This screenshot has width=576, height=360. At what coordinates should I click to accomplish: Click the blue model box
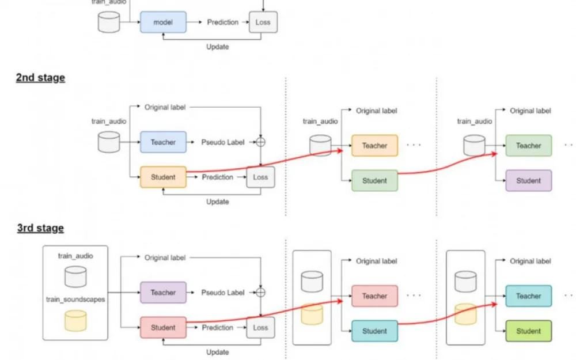coord(163,22)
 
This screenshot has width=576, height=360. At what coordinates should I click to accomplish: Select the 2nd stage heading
coord(40,78)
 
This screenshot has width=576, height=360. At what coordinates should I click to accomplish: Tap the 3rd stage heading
coord(40,228)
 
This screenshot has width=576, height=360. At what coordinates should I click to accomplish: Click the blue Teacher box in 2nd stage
coord(163,142)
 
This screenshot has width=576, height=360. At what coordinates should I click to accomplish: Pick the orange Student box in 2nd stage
coord(163,177)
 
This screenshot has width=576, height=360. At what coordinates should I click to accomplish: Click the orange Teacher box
coord(374,146)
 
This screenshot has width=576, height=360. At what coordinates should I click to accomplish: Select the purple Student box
coord(528,181)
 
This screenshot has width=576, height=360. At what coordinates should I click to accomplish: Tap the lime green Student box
coord(528,331)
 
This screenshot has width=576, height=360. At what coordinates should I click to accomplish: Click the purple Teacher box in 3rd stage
coord(163,293)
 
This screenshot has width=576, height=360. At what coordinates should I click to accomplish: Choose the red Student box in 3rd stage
coord(163,328)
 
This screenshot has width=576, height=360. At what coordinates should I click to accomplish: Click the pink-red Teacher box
coord(374,296)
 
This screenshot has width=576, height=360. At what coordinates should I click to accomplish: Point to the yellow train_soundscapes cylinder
coord(75,320)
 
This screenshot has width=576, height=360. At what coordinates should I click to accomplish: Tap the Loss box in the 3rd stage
coord(260,328)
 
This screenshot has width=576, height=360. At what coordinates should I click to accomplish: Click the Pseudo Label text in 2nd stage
coord(223,142)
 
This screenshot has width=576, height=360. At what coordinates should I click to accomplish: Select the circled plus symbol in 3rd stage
coord(260,293)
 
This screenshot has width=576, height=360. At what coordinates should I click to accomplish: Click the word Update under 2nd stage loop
coord(218,202)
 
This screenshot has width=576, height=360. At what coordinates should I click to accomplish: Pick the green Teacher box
coord(528,146)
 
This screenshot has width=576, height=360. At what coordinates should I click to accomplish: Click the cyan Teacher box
coord(528,296)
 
